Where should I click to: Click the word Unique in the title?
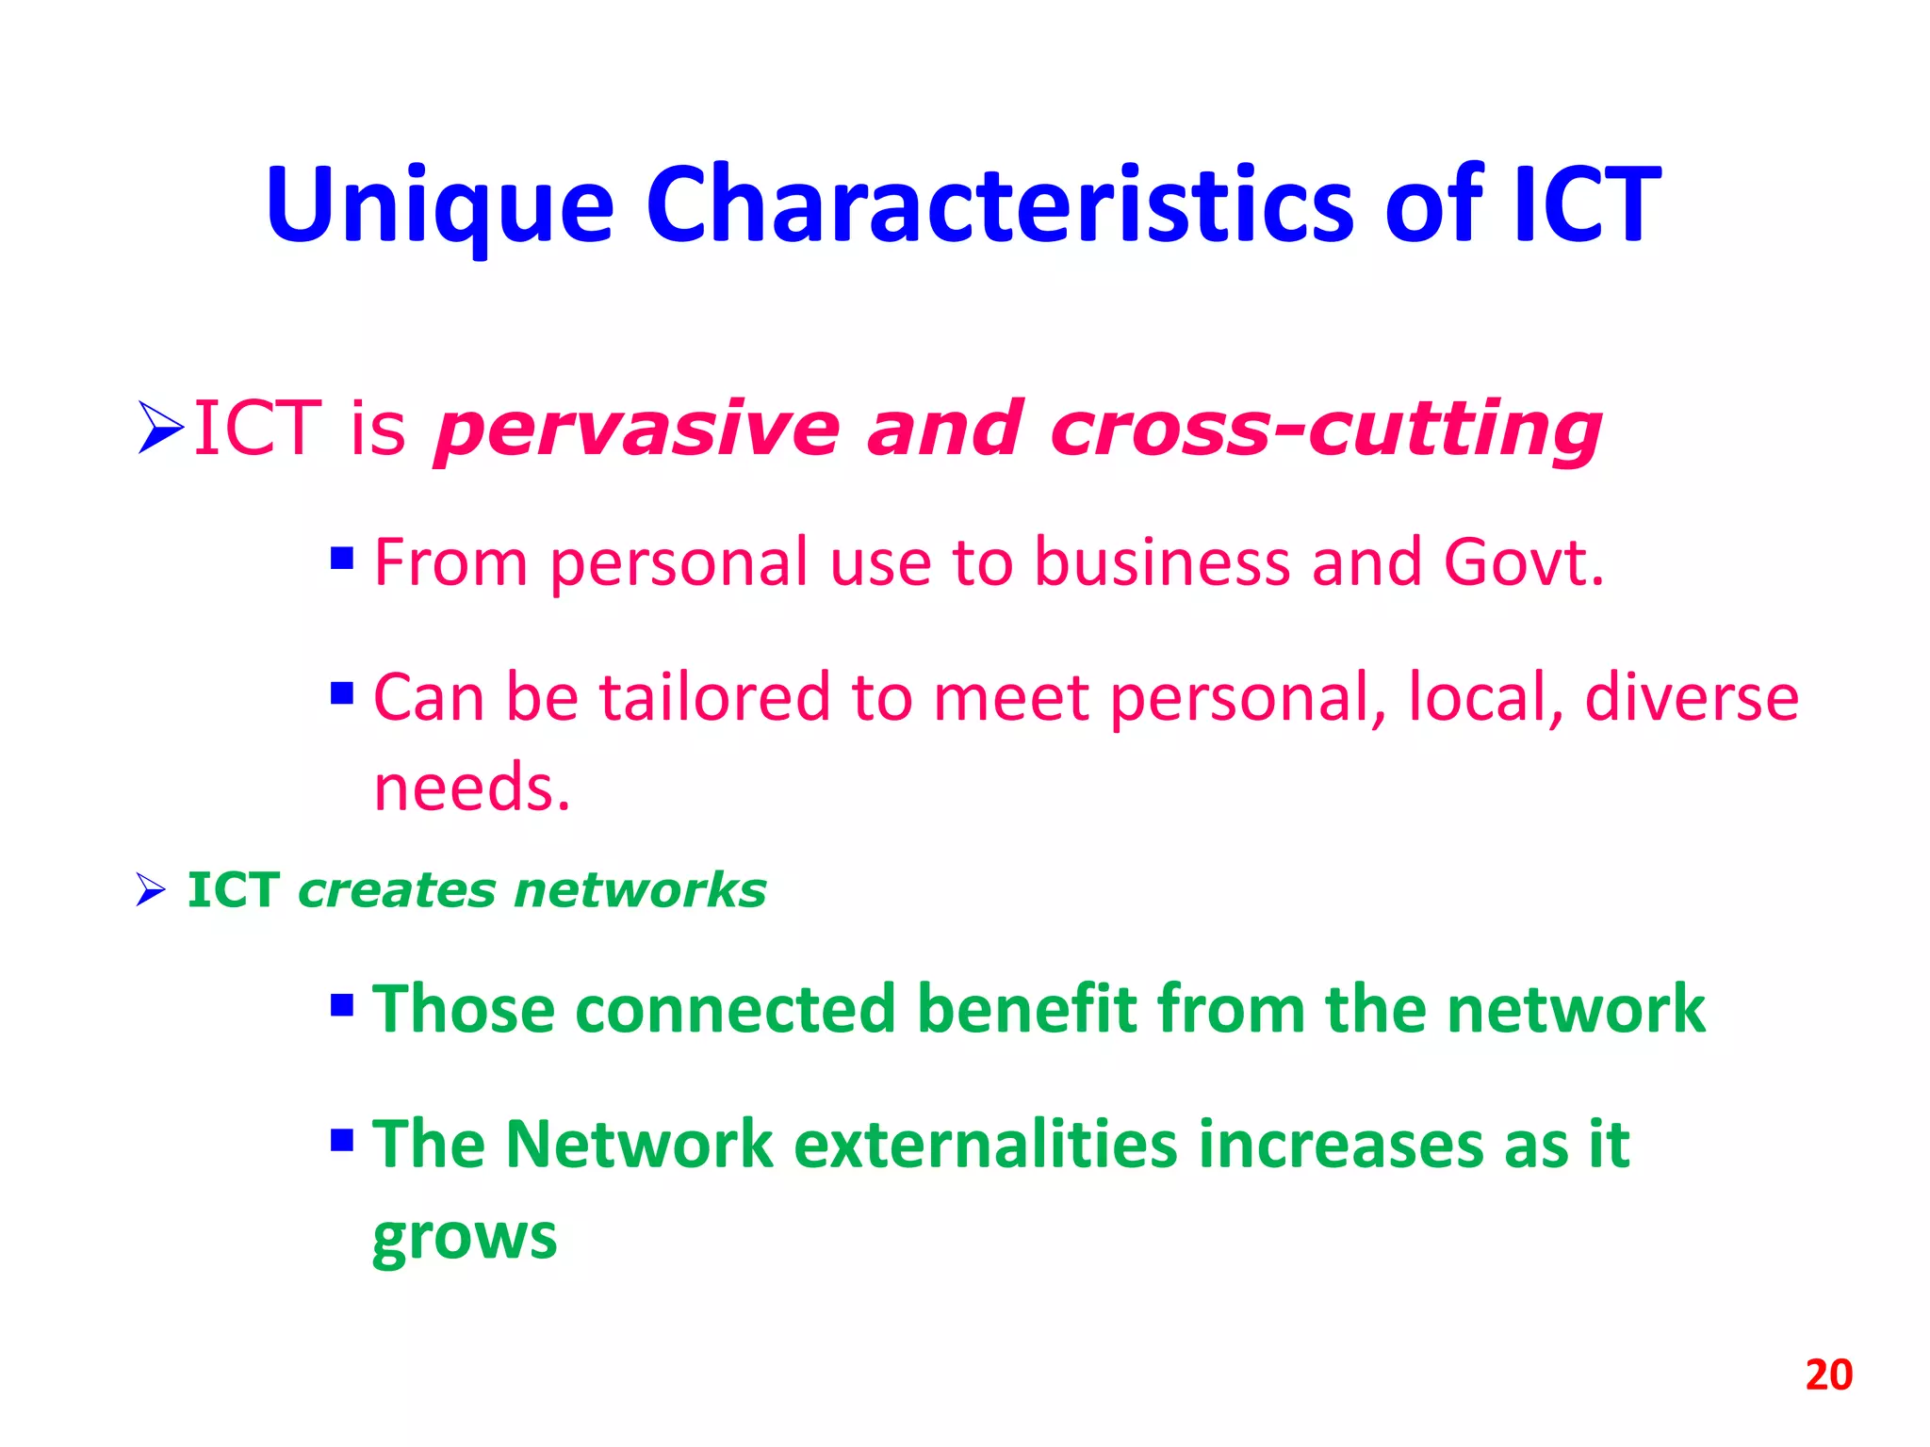pyautogui.click(x=440, y=205)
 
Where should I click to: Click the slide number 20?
pyautogui.click(x=1828, y=1375)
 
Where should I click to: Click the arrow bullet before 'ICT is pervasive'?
pyautogui.click(x=160, y=428)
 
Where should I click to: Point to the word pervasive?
pyautogui.click(x=636, y=430)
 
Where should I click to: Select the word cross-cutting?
pyautogui.click(x=1324, y=430)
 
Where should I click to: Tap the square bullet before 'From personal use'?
pyautogui.click(x=342, y=559)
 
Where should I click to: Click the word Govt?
pyautogui.click(x=1523, y=562)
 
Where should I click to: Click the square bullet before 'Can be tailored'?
pyautogui.click(x=342, y=694)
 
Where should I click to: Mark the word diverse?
pyautogui.click(x=1691, y=698)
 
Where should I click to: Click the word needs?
pyautogui.click(x=472, y=788)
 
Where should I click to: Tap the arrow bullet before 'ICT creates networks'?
pyautogui.click(x=151, y=889)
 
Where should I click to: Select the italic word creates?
pyautogui.click(x=396, y=890)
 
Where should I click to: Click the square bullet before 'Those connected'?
pyautogui.click(x=342, y=1006)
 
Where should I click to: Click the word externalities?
pyautogui.click(x=986, y=1145)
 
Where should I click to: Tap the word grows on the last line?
pyautogui.click(x=465, y=1236)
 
